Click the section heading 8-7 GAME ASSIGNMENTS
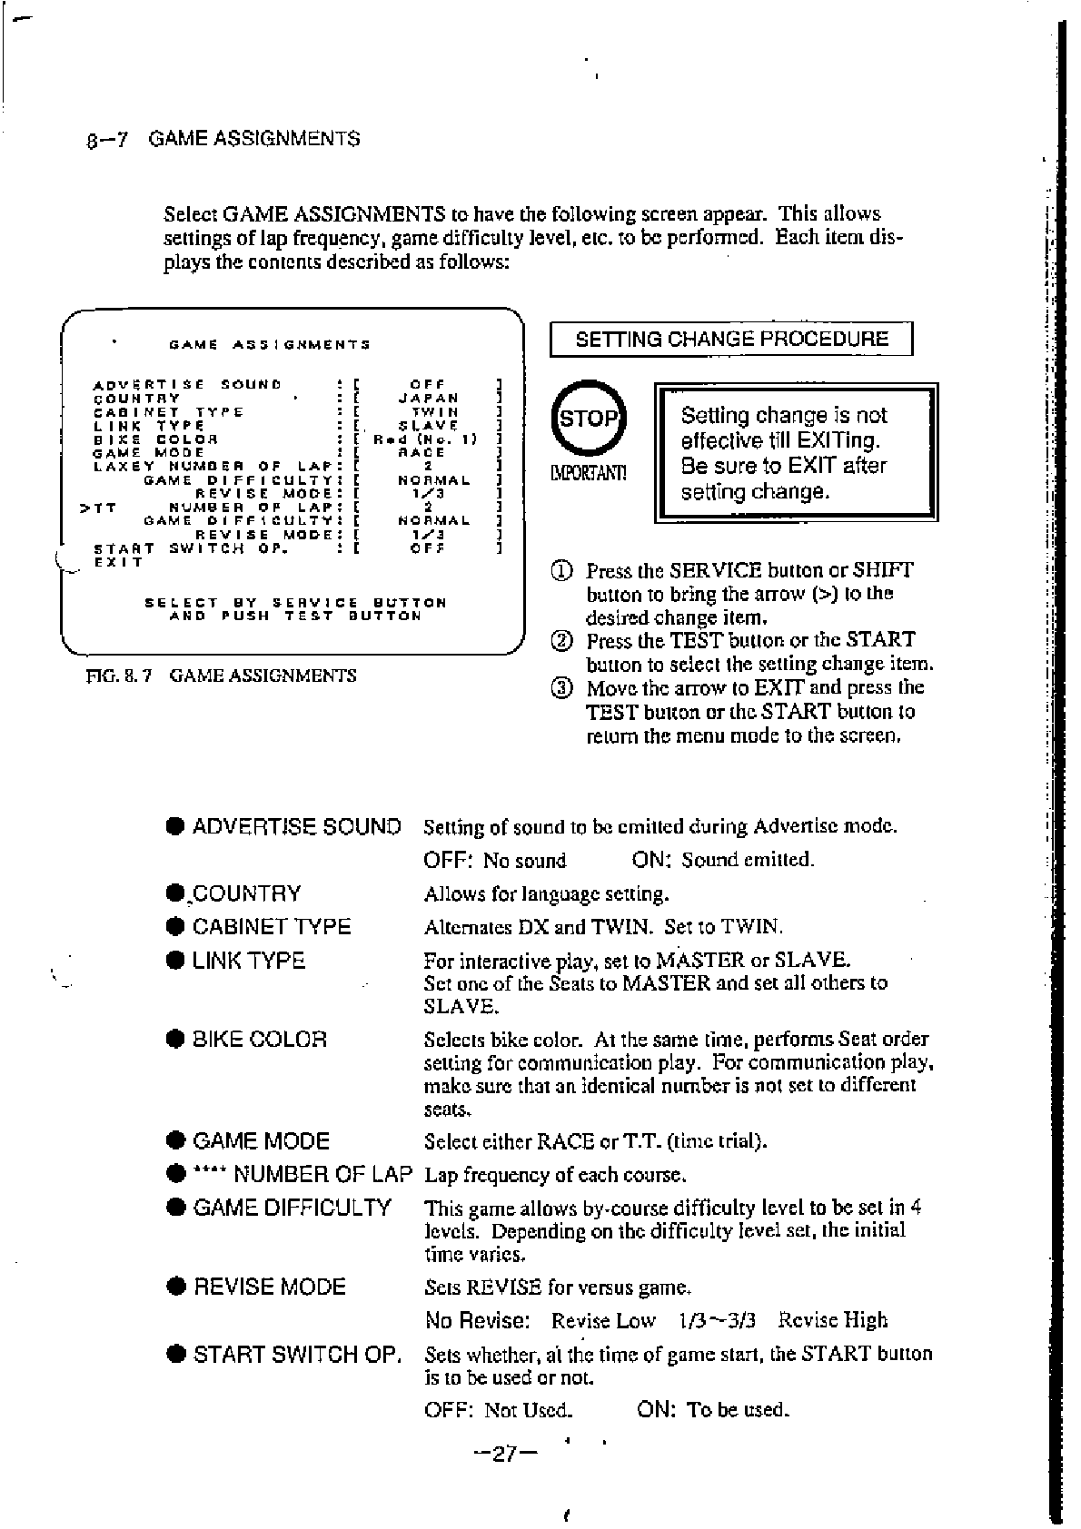(223, 139)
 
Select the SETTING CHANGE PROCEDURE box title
(731, 340)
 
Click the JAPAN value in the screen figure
(429, 398)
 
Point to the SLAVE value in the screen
(428, 425)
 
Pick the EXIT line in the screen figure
(119, 562)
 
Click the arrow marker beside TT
(84, 508)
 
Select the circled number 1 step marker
(562, 571)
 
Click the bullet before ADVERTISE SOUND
(176, 827)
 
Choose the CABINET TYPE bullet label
(272, 927)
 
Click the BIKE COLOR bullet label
(260, 1040)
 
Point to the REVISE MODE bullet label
(270, 1287)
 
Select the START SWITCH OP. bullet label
(297, 1355)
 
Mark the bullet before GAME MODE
(176, 1141)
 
